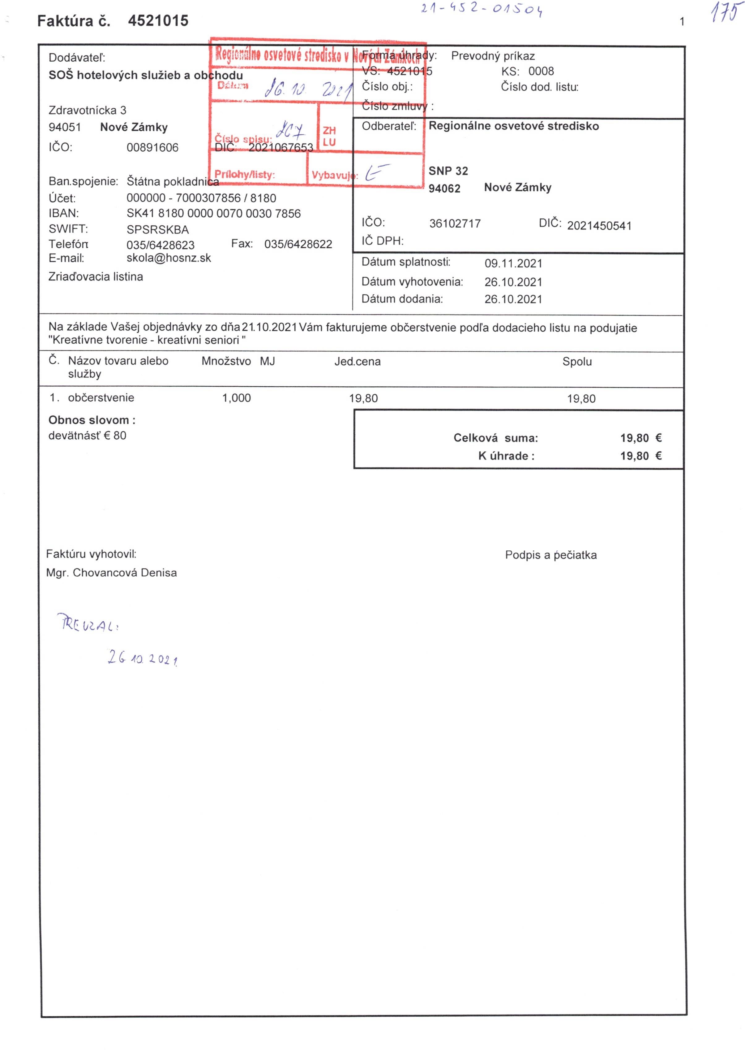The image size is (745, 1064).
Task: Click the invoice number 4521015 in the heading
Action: (x=158, y=21)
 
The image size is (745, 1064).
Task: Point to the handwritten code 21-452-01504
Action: (x=482, y=9)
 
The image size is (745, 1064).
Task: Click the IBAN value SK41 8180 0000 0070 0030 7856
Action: (x=213, y=214)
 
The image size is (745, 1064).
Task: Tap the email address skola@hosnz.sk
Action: (x=169, y=258)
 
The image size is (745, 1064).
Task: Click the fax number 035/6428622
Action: (x=298, y=244)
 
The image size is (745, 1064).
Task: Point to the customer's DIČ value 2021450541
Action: (x=599, y=226)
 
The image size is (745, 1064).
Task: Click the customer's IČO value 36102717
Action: (x=455, y=224)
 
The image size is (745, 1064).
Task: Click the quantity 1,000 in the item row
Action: (x=236, y=398)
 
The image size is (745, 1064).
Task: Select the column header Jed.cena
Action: (x=358, y=362)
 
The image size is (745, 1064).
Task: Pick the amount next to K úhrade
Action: (x=640, y=456)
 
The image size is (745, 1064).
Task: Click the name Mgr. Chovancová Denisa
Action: (x=111, y=573)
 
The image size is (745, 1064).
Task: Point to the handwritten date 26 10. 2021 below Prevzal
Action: (x=143, y=658)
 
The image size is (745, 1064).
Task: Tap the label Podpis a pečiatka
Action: (x=550, y=555)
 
